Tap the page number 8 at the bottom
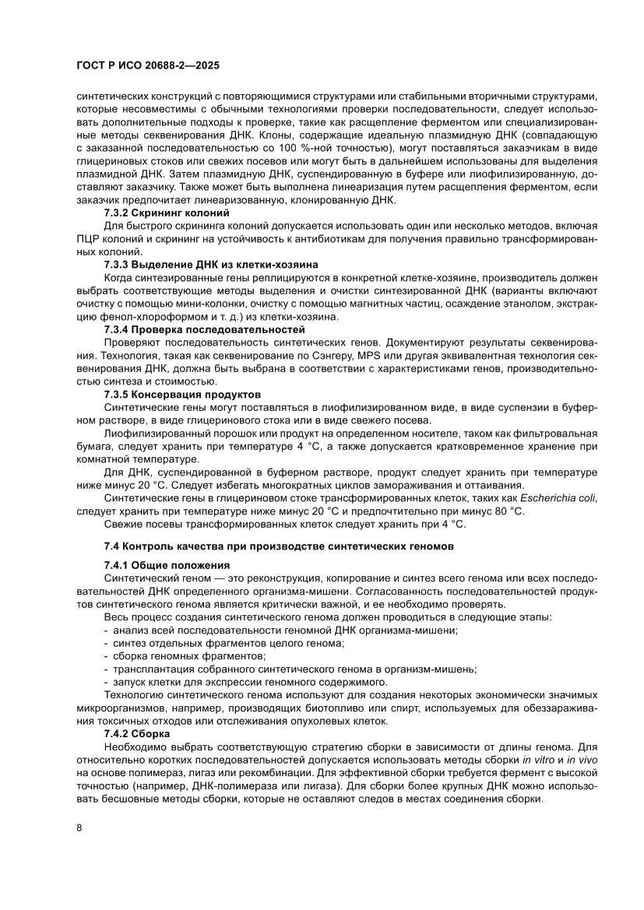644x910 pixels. click(x=79, y=827)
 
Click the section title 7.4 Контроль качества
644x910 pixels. click(x=279, y=547)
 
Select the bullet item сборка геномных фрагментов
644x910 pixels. click(x=156, y=655)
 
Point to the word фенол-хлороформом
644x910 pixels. click(x=137, y=317)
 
